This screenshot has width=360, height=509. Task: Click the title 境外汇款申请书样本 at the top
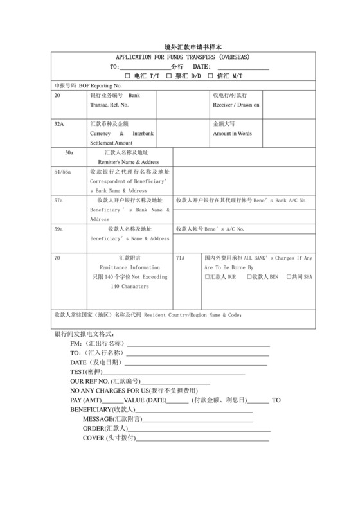pos(179,47)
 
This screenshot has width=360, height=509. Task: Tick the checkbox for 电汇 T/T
pos(127,76)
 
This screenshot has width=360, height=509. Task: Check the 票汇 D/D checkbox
pos(168,76)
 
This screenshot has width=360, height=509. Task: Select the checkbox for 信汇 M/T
pos(210,76)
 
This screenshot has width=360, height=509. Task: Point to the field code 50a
pos(69,153)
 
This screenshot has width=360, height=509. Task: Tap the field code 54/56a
pos(62,172)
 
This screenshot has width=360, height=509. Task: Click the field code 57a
pos(59,201)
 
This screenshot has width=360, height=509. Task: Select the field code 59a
pos(59,229)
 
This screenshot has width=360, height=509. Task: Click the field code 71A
pos(181,257)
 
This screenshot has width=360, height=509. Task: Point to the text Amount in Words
pos(233,134)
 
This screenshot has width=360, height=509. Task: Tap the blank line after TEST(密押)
pos(174,373)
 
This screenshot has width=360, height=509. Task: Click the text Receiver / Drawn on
pos(237,104)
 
